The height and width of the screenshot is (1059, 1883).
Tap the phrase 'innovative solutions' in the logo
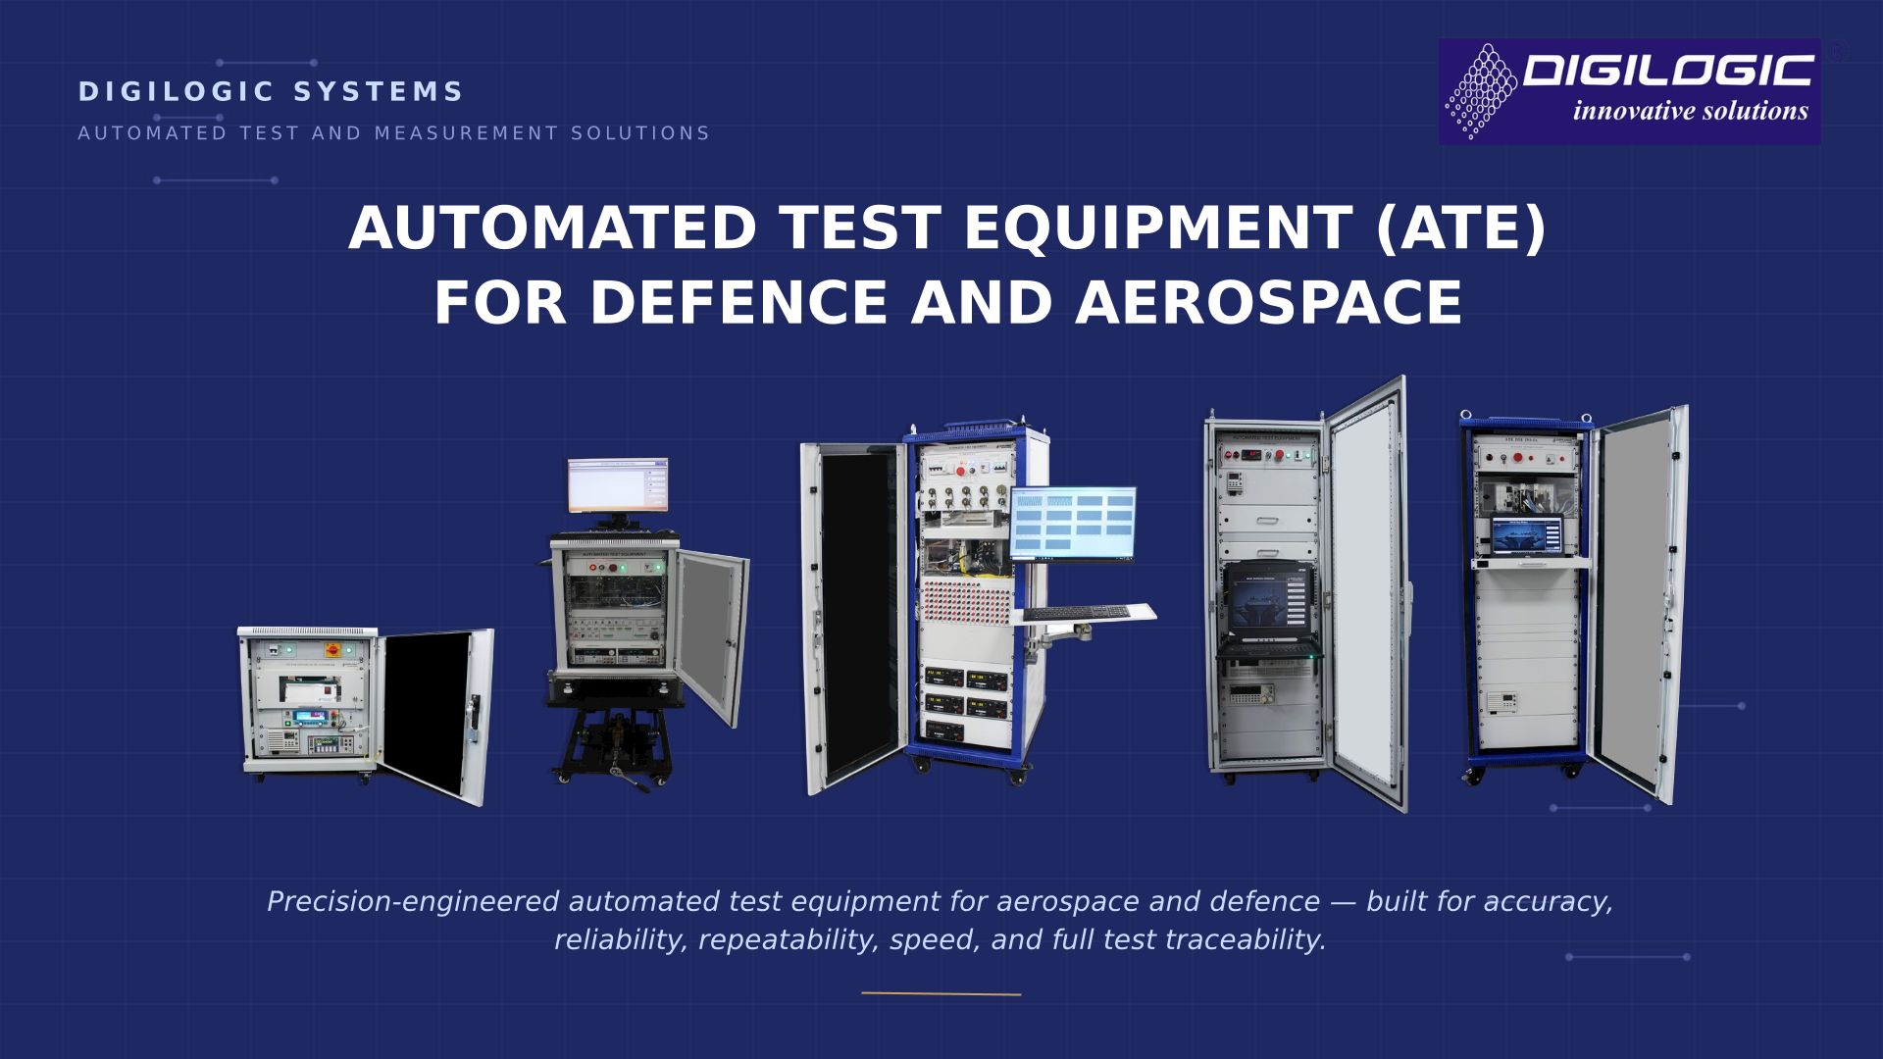(x=1691, y=111)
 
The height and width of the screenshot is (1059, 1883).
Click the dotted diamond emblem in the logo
(x=1482, y=91)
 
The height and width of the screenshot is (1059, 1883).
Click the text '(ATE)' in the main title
(x=1460, y=228)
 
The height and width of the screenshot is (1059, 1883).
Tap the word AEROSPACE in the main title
(x=1269, y=302)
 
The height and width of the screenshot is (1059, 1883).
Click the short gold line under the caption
(x=941, y=994)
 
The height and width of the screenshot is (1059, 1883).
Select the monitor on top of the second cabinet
(x=618, y=485)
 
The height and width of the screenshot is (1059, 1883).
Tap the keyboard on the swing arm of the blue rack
(x=1083, y=614)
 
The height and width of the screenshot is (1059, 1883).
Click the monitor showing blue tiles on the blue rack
(x=1073, y=525)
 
